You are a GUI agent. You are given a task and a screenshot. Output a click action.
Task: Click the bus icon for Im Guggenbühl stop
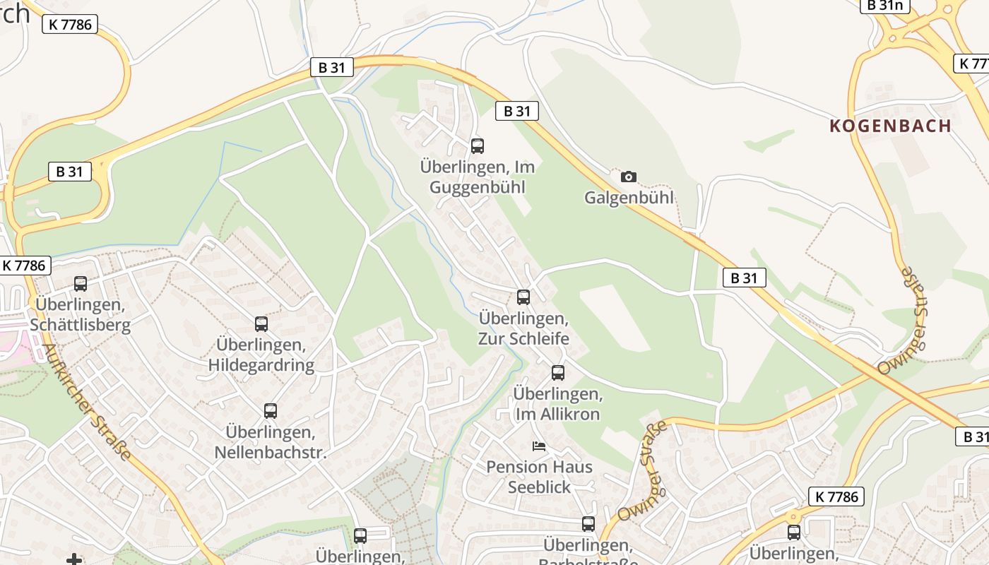[x=478, y=146]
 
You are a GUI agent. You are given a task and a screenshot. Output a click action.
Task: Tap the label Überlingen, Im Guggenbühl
[x=477, y=177]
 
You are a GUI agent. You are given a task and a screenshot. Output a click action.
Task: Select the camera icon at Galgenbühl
[x=628, y=177]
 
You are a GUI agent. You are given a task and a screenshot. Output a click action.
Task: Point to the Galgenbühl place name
[x=629, y=198]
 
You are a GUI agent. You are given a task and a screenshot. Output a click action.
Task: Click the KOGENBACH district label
[x=890, y=126]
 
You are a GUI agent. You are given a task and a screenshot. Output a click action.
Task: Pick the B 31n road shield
[x=884, y=6]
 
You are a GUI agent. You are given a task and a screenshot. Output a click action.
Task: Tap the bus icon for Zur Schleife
[x=523, y=297]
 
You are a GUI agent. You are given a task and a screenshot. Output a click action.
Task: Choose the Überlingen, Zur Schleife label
[x=523, y=328]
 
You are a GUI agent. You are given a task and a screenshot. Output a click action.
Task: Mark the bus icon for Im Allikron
[x=558, y=372]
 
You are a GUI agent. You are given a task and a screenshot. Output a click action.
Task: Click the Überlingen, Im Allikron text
[x=558, y=403]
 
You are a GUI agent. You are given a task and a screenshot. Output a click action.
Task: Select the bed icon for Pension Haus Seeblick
[x=539, y=446]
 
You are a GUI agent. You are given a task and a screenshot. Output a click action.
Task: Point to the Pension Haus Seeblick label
[x=539, y=477]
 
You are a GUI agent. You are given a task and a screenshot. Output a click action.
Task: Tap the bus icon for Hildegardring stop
[x=261, y=324]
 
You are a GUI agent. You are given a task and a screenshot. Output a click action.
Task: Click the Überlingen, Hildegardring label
[x=261, y=355]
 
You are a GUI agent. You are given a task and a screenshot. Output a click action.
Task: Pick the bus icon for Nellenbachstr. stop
[x=270, y=411]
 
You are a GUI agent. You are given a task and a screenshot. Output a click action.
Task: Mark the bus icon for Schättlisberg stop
[x=81, y=284]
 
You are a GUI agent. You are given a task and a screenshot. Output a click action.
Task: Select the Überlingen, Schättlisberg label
[x=81, y=315]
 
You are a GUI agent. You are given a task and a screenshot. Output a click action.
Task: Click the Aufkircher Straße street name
[x=88, y=402]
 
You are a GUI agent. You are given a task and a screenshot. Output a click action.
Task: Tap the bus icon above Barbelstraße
[x=588, y=524]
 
